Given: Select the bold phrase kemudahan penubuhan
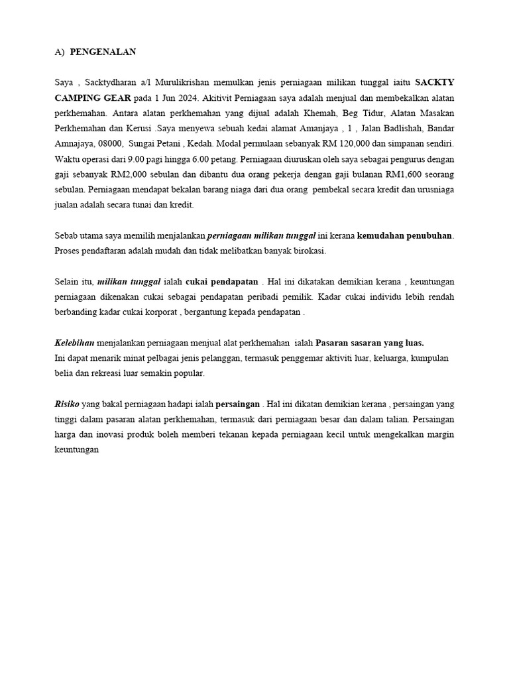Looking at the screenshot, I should (405, 236).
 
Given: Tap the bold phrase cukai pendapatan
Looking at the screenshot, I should (222, 282).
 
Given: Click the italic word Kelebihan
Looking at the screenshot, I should (74, 343).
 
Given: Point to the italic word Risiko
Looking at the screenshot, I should (67, 404).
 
